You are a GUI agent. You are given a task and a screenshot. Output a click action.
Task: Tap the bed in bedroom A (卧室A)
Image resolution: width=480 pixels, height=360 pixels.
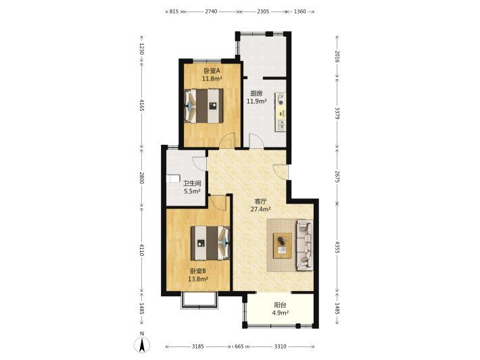point(204,106)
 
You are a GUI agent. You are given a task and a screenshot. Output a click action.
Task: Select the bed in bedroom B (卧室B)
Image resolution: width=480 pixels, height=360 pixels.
point(210,243)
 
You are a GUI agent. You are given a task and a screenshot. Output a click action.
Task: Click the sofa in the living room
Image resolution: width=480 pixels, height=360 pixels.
point(305,245)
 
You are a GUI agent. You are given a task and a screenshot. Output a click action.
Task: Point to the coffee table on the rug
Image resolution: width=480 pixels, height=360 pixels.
point(283,246)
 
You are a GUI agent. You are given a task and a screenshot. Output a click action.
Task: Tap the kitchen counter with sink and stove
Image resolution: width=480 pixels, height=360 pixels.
point(281,112)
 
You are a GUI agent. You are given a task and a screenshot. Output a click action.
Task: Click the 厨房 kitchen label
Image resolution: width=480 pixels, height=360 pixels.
point(256,93)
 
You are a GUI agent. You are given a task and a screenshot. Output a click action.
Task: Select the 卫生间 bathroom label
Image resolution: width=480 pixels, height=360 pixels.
point(192,184)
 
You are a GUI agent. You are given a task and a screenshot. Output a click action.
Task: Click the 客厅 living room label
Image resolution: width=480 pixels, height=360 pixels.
point(261,202)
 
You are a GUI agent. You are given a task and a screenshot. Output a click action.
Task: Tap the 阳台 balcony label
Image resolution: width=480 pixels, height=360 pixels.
point(280,305)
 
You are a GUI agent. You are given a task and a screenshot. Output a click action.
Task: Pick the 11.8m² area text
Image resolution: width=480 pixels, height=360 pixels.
point(212,78)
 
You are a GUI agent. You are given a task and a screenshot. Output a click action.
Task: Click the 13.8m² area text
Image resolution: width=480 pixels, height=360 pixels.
point(198,279)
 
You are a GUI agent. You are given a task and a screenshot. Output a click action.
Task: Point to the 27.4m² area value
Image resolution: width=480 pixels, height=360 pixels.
point(260,210)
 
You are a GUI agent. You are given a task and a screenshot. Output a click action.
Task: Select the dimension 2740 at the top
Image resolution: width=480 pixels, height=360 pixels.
point(211,12)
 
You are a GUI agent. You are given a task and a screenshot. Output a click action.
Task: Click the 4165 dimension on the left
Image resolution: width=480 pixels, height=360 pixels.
point(141,105)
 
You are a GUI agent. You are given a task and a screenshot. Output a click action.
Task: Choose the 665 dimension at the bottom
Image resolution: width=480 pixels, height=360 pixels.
point(239,346)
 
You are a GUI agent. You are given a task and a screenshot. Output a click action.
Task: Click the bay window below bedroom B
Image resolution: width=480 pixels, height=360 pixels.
point(199,300)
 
